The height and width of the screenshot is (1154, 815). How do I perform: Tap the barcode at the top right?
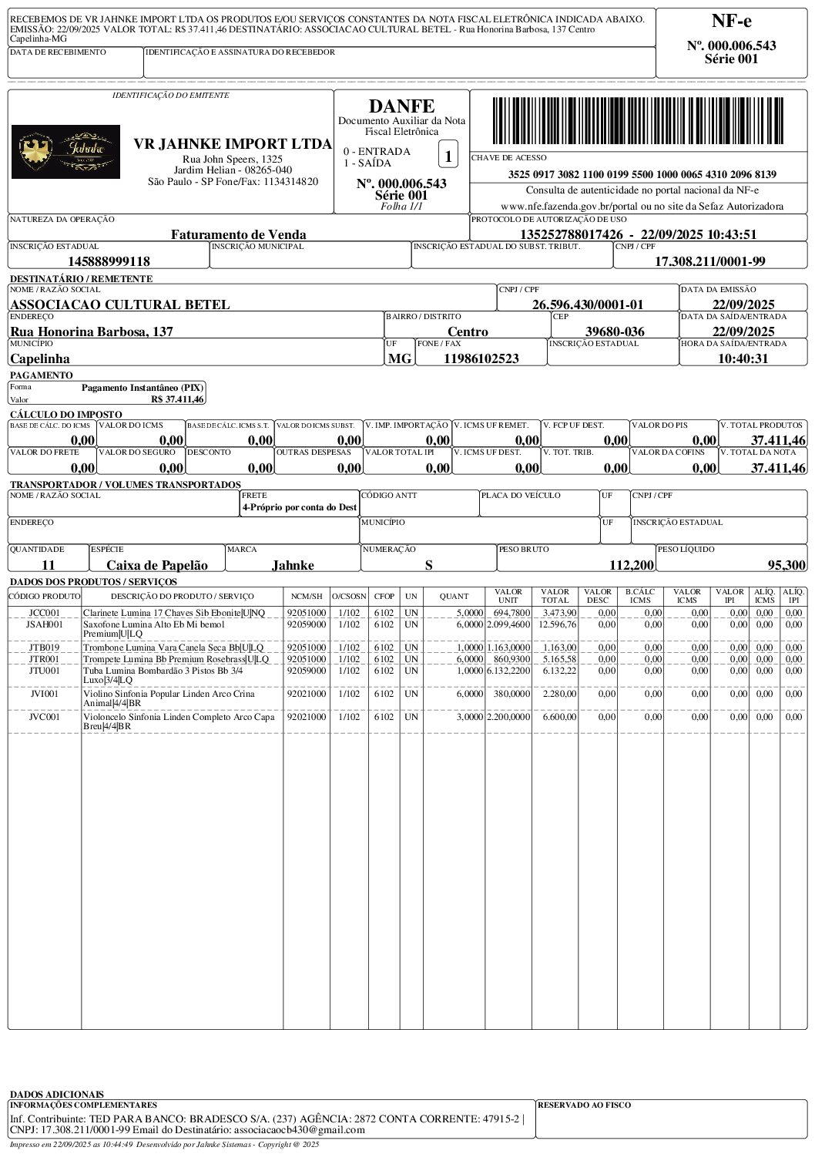[639, 121]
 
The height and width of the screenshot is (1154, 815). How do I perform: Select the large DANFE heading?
[401, 106]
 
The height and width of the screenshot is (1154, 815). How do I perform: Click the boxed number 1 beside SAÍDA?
[448, 154]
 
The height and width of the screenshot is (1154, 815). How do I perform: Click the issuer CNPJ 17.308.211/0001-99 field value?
[709, 261]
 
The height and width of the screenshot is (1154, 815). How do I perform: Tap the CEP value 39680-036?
[615, 331]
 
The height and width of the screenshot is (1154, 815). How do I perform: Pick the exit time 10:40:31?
[743, 358]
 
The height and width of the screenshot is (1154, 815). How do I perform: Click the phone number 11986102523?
[481, 358]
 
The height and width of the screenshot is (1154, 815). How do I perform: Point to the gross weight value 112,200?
[631, 565]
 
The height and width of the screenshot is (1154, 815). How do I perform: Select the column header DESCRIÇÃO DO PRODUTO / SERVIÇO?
[182, 596]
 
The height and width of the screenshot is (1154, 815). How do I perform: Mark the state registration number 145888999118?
[109, 261]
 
